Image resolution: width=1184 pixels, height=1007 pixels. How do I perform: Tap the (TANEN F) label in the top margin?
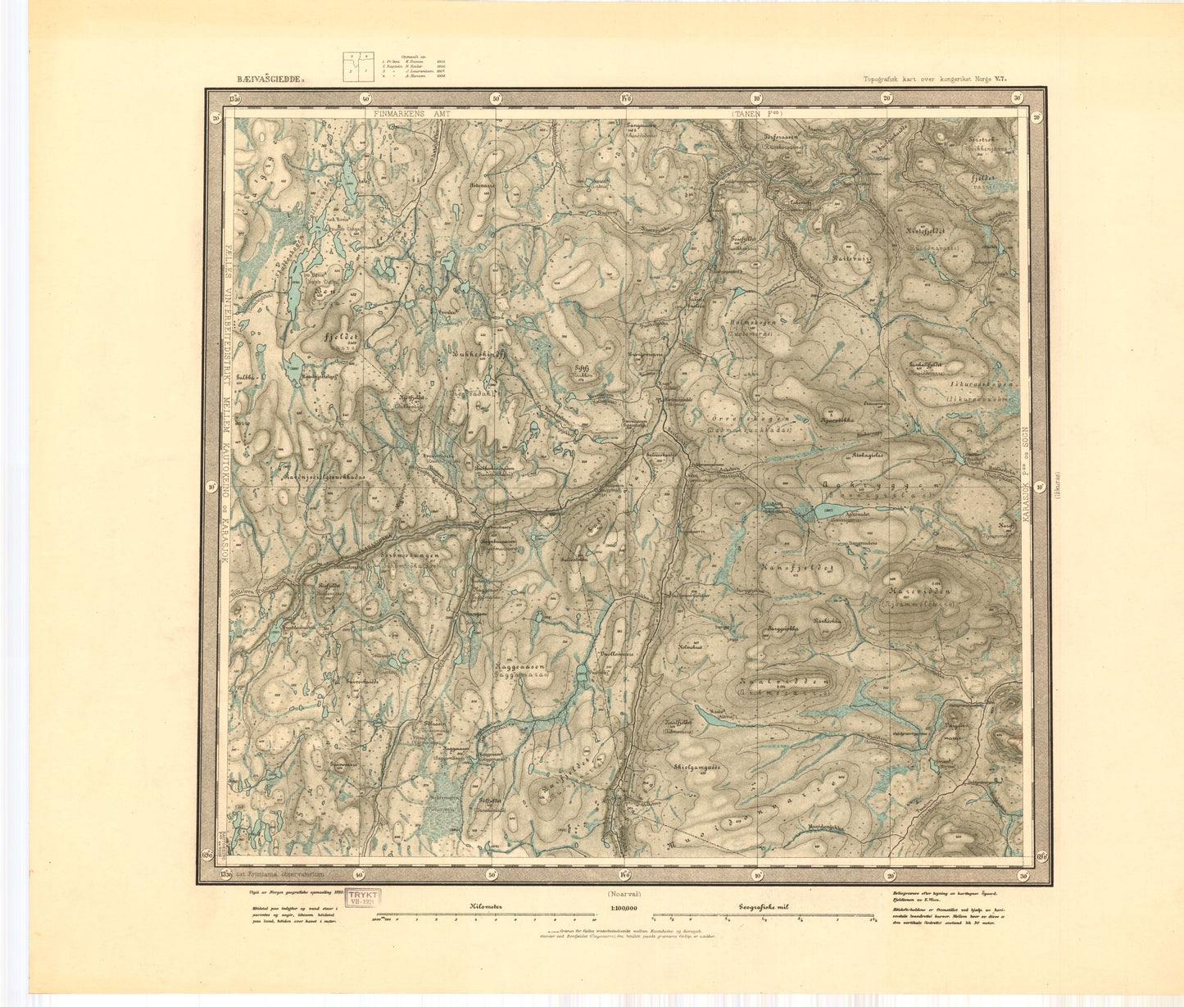pyautogui.click(x=755, y=116)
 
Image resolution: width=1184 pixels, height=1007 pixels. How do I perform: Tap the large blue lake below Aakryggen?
pyautogui.click(x=829, y=512)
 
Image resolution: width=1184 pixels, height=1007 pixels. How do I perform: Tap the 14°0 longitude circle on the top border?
pyautogui.click(x=626, y=99)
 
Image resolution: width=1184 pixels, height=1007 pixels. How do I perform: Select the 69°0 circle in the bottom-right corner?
pyautogui.click(x=1041, y=857)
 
